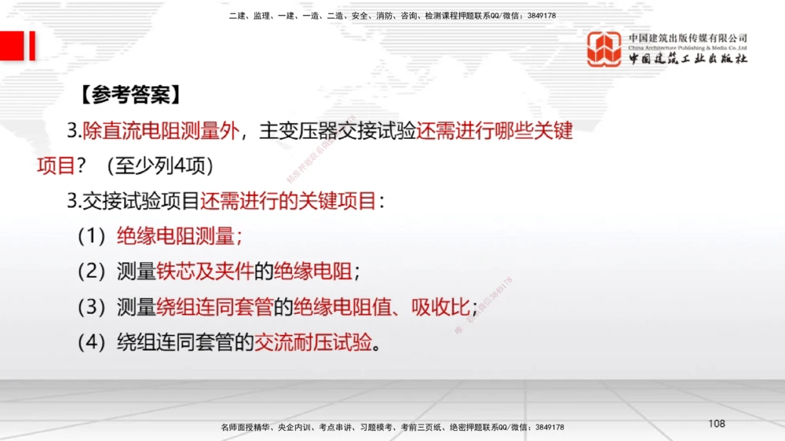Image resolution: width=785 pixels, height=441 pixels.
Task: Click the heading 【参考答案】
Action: point(130,95)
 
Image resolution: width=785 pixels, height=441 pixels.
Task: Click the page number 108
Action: point(716,424)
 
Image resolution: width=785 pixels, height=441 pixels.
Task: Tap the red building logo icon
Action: point(604,49)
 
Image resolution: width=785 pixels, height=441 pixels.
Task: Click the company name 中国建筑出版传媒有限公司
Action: point(688,38)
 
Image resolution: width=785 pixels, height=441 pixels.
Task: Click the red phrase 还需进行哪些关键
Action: point(495,131)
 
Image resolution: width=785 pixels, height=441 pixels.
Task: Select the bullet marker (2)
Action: point(92,272)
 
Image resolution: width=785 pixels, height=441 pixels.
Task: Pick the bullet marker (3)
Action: point(92,307)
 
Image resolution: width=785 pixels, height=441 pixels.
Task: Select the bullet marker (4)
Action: point(92,342)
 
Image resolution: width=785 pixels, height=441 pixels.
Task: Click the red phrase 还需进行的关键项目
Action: point(288,201)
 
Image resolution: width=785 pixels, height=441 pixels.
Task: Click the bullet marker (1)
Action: point(92,236)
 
